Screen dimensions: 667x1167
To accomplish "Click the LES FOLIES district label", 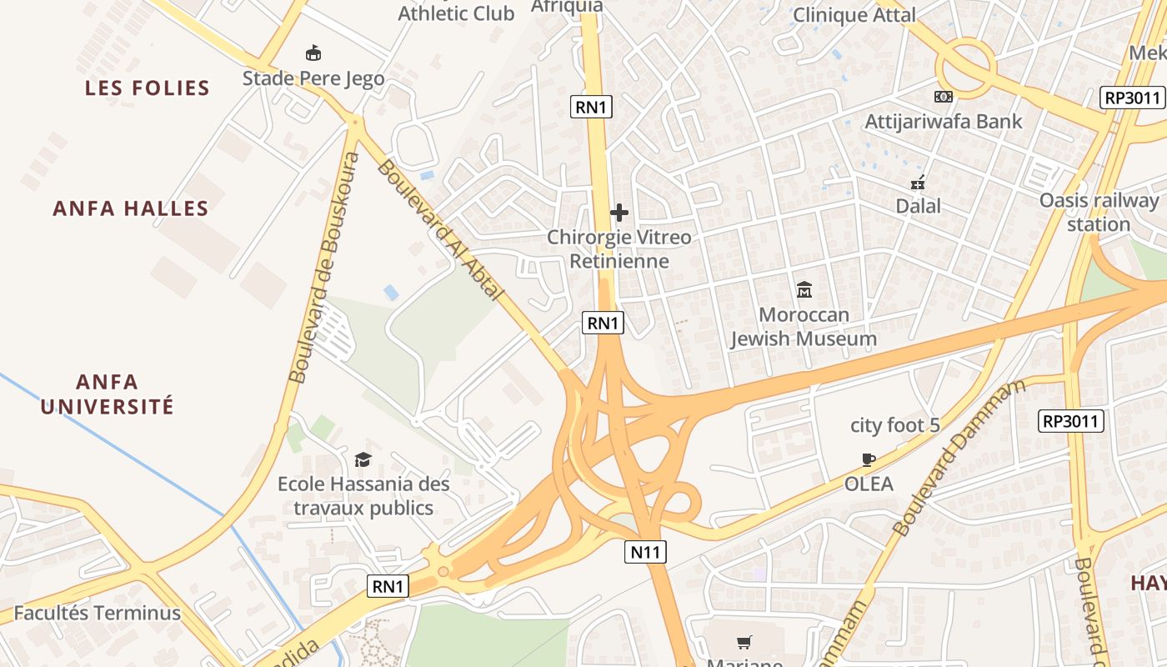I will tap(147, 88).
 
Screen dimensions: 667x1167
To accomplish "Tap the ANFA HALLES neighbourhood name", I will tap(130, 208).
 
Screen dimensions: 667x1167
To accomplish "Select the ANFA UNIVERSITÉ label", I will tap(108, 394).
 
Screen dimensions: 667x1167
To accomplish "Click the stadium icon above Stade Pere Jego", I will tap(313, 53).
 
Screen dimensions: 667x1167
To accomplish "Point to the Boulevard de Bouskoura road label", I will tap(325, 267).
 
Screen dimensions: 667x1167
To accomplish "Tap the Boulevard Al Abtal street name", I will tap(440, 230).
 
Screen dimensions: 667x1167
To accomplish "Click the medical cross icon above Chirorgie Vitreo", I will tap(619, 213).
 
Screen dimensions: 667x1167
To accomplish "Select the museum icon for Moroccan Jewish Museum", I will tap(804, 290).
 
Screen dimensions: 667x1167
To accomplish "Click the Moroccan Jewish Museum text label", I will tap(804, 327).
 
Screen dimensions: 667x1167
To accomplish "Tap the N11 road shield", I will tap(645, 551).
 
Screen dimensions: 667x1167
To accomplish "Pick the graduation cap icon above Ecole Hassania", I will tap(363, 459).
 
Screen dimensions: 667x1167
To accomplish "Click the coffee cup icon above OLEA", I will tap(869, 459).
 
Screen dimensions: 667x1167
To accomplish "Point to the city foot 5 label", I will tap(894, 425).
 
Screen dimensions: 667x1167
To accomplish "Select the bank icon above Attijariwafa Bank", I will tap(944, 97).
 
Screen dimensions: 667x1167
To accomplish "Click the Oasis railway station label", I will tap(1099, 212).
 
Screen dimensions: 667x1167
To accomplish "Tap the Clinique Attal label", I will tap(854, 15).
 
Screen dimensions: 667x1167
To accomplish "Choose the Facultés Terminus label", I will tap(97, 614).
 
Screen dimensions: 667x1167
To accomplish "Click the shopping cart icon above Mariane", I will tap(744, 642).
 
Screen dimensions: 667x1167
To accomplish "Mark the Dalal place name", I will tap(918, 206).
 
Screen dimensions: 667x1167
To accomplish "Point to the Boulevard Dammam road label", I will tap(959, 459).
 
